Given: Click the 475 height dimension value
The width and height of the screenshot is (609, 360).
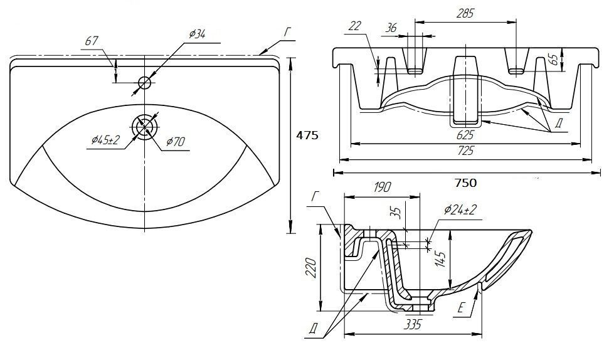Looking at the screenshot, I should click(x=308, y=135).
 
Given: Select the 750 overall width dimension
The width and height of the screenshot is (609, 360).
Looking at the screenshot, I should click(x=465, y=183).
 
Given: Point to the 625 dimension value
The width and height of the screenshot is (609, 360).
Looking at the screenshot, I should click(x=465, y=134).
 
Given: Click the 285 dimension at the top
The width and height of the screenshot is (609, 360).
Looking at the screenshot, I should click(x=465, y=13).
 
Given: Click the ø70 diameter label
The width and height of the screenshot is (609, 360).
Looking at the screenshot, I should click(x=176, y=142).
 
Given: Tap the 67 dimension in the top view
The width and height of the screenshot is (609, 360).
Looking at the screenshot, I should click(x=92, y=41).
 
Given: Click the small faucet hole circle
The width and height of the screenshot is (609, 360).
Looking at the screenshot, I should click(x=145, y=82).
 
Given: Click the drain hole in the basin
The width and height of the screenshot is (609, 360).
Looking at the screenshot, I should click(x=145, y=125).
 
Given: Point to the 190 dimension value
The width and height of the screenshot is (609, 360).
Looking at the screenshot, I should click(x=382, y=187).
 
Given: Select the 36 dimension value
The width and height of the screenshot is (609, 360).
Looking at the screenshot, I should click(x=391, y=28).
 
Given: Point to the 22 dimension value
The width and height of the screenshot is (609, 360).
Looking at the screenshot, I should click(x=355, y=25).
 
